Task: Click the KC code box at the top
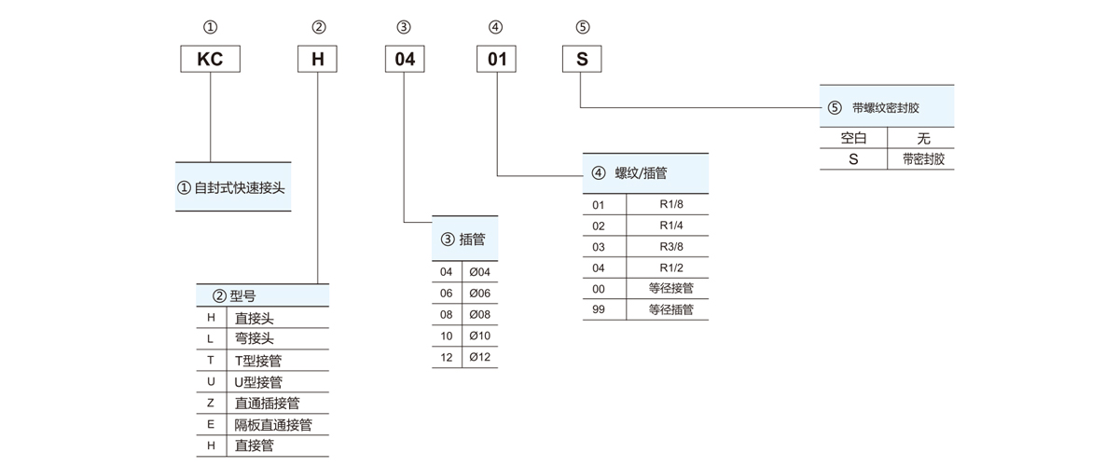pos(210,60)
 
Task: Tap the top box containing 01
pos(498,60)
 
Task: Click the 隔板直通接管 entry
pos(273,424)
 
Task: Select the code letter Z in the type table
pos(212,403)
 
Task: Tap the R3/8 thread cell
pos(670,246)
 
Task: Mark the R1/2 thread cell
pos(670,267)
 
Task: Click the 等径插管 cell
pos(670,309)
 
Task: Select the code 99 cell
pos(599,309)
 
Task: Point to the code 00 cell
pos(599,288)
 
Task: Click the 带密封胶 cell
pos(923,159)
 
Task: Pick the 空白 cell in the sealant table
pos(854,138)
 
